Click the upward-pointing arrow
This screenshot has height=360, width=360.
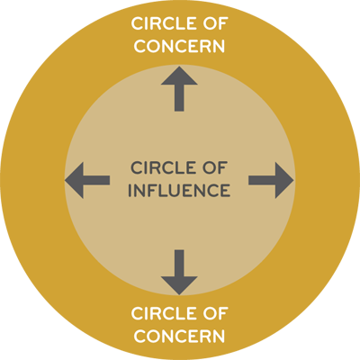point(179,89)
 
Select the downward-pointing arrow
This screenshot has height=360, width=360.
point(179,272)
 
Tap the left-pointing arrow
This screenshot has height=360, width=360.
point(87,180)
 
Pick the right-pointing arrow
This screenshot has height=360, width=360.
point(271,180)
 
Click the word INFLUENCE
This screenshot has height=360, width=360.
point(179,190)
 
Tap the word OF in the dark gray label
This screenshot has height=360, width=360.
point(213,168)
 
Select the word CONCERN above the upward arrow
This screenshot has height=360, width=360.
point(179,46)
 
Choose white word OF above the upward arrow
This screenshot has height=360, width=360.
point(213,23)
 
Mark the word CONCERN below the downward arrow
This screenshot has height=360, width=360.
point(179,336)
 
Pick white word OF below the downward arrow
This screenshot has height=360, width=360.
point(213,313)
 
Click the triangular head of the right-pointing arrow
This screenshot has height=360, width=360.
point(283,180)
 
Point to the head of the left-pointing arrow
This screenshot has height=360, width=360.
point(75,180)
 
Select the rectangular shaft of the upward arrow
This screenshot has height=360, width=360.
point(179,98)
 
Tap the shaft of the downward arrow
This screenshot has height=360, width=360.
point(179,263)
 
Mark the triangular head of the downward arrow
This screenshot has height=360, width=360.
point(179,285)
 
